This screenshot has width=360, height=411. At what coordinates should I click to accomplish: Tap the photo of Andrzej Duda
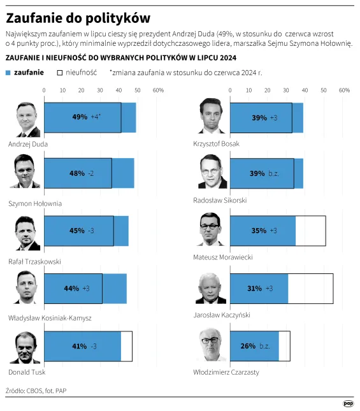(28, 118)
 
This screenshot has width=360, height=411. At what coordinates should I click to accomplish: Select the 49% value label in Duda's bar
(80, 117)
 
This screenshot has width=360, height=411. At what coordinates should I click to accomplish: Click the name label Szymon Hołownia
(35, 203)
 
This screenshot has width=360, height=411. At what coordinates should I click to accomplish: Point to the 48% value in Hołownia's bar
(77, 173)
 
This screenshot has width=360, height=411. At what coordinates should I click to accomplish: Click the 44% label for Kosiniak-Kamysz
(71, 288)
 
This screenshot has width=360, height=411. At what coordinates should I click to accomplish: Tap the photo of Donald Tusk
(28, 347)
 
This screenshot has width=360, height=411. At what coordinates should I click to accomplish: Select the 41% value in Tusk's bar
(79, 346)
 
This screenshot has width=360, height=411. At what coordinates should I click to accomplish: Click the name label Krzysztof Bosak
(216, 144)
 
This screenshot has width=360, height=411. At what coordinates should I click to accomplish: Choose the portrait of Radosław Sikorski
(212, 172)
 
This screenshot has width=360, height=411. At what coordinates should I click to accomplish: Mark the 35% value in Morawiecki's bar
(258, 231)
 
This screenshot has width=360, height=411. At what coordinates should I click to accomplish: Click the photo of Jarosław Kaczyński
(212, 289)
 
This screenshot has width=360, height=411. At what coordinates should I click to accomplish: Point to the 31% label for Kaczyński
(254, 289)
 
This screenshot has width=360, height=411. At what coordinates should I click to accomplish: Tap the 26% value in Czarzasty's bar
(248, 346)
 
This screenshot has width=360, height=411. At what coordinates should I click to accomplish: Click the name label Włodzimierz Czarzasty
(226, 372)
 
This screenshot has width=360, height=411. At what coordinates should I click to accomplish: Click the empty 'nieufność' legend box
(60, 73)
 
